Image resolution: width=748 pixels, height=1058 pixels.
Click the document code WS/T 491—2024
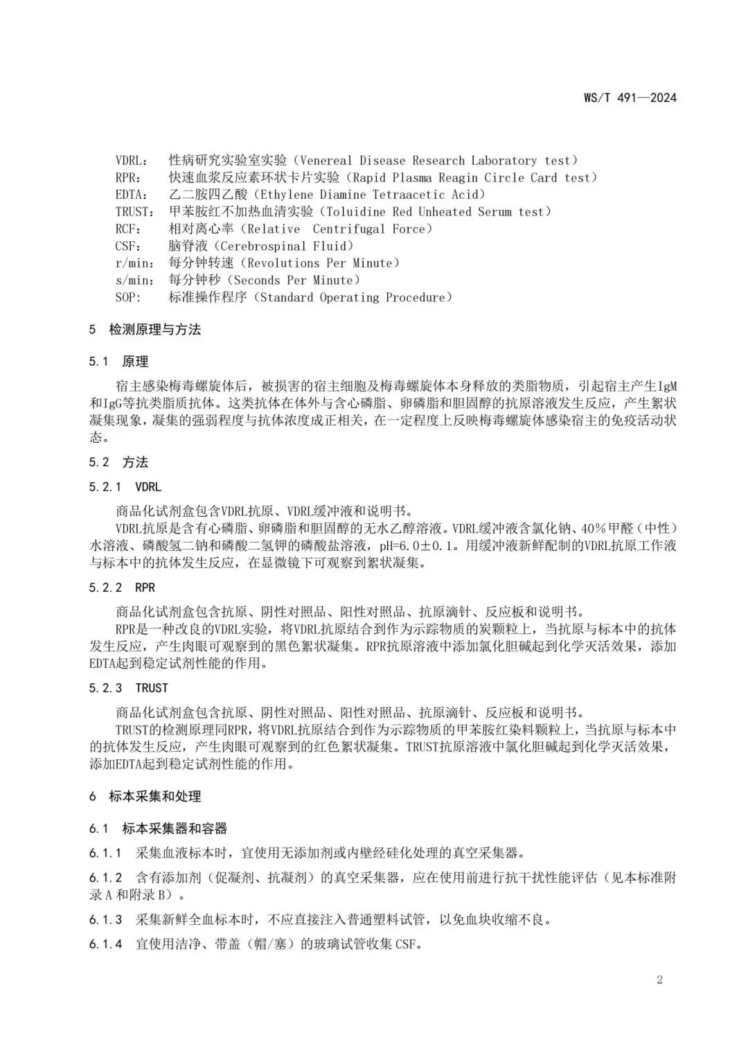630,98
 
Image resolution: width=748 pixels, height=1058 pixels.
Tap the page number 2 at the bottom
659,980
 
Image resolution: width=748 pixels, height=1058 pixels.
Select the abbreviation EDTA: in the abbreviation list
131,195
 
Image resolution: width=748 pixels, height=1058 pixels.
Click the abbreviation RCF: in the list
128,229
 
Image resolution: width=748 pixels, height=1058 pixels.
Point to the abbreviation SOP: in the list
128,298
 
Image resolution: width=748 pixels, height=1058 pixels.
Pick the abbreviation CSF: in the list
128,246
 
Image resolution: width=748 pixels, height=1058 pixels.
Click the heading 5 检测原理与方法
145,330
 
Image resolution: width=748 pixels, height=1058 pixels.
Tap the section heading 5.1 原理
118,362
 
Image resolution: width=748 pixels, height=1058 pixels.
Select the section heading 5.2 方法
118,462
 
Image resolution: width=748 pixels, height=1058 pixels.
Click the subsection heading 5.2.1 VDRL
125,487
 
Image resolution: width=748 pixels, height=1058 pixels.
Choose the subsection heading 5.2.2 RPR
122,588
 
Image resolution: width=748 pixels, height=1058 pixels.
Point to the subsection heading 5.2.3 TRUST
128,688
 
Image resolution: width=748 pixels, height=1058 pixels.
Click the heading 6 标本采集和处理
145,797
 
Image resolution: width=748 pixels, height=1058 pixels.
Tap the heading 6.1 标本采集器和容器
158,829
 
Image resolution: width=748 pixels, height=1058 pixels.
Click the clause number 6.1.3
105,920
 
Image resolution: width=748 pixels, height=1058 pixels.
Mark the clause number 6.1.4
105,944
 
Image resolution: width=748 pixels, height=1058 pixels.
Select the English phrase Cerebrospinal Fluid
294,246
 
